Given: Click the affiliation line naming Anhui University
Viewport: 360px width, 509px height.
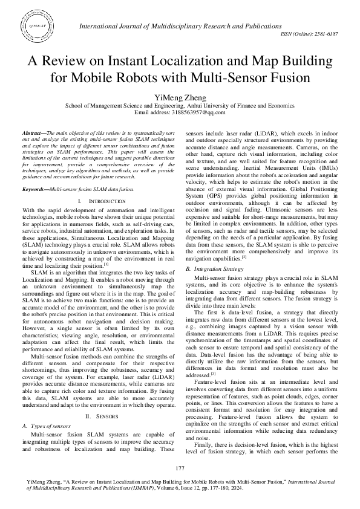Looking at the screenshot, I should click(180, 105).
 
